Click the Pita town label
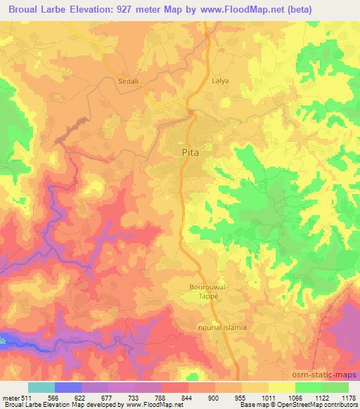[189, 151]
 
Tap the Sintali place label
[127, 81]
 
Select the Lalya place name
[221, 81]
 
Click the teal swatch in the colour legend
[41, 387]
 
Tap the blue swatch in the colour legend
[68, 387]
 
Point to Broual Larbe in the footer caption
[21, 405]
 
